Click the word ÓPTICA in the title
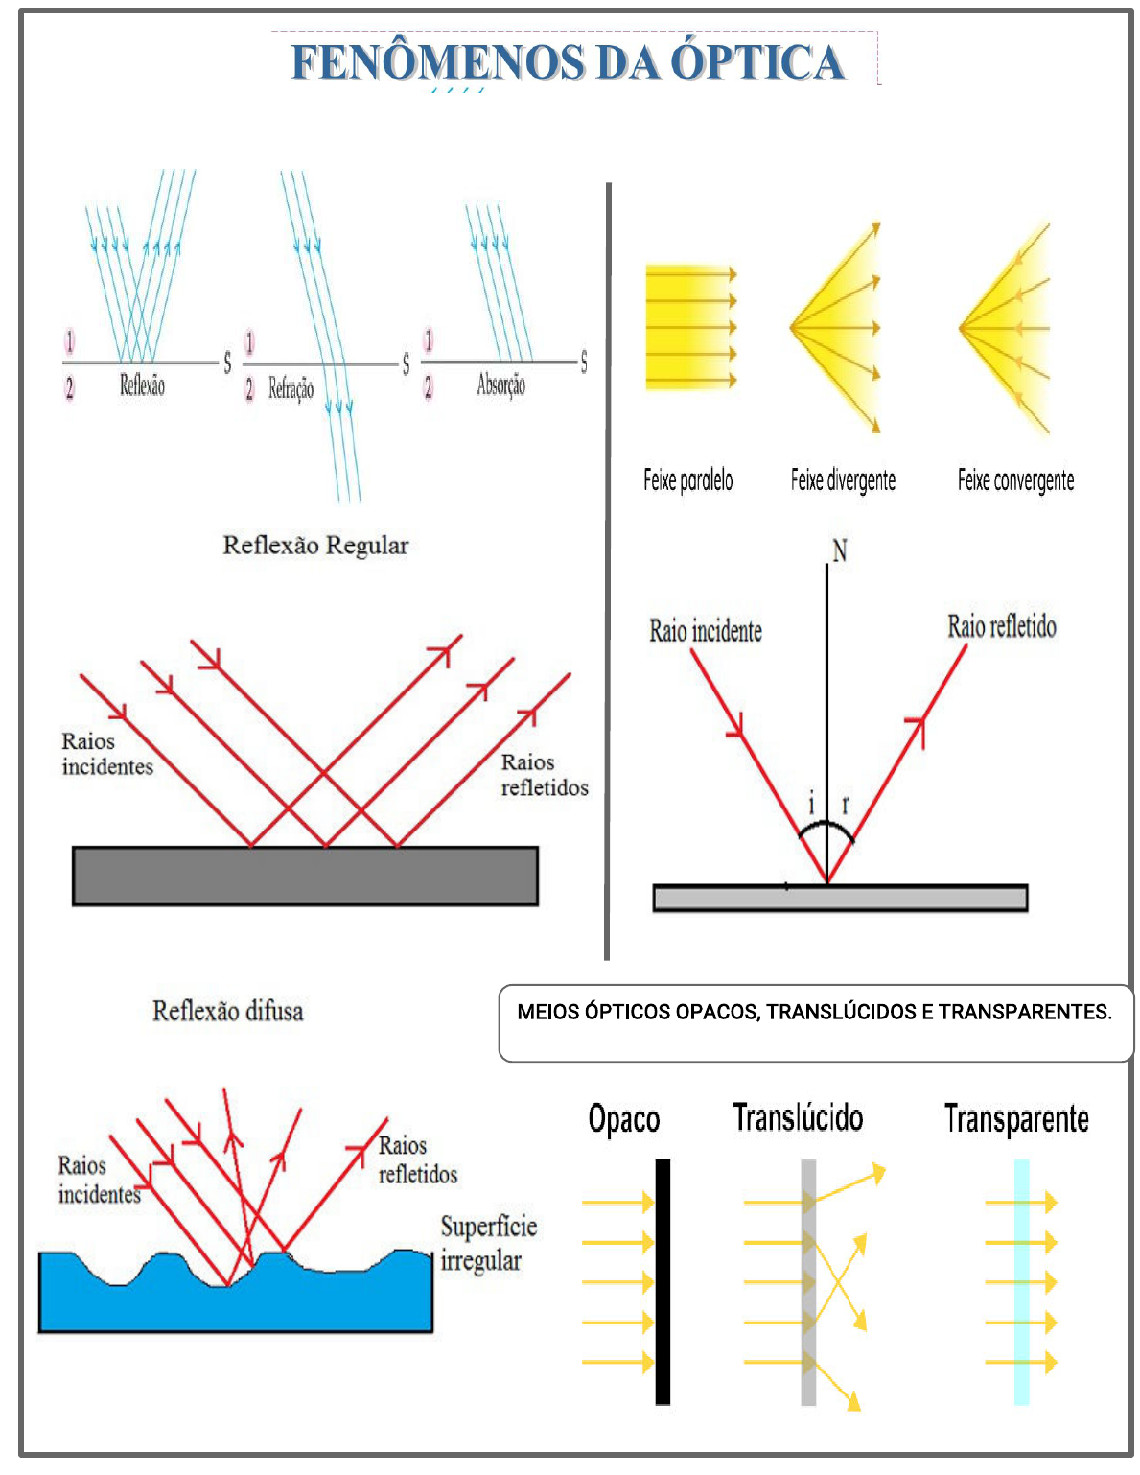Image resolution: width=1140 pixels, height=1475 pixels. tap(756, 62)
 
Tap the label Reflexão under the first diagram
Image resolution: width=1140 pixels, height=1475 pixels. tap(142, 386)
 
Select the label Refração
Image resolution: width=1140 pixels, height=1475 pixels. tap(291, 388)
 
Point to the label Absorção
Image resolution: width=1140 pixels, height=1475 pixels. tap(500, 386)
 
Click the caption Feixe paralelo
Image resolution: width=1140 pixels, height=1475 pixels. tap(687, 480)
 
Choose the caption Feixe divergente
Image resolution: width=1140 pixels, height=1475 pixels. tap(843, 480)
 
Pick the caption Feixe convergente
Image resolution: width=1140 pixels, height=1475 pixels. tap(1015, 480)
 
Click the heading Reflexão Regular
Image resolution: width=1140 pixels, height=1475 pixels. tap(315, 546)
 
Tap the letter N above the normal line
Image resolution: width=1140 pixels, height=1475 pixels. tap(839, 551)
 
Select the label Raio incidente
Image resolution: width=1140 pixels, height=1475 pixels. tap(706, 631)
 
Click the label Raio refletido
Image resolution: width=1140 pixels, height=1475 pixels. tap(1002, 627)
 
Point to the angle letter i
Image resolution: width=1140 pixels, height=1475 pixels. tap(811, 803)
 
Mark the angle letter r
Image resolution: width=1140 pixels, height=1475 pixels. tap(845, 805)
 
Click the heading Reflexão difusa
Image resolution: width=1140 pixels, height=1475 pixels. tap(228, 1012)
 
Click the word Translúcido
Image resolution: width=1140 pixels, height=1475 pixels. tap(798, 1118)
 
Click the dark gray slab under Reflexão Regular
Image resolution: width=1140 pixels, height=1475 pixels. tap(305, 876)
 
